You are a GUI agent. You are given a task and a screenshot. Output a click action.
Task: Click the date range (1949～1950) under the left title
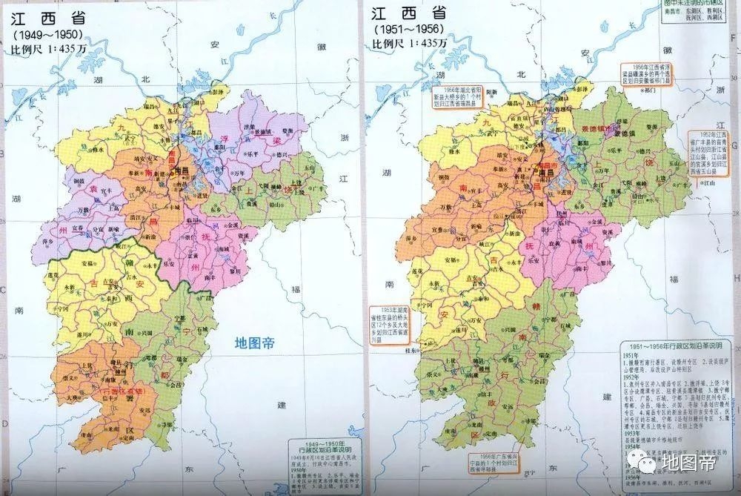(46, 34)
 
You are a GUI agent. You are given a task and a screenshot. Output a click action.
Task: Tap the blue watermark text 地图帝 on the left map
(256, 343)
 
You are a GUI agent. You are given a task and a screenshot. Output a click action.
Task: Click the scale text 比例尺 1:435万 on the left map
(44, 48)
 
